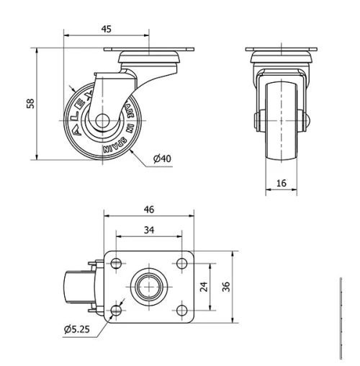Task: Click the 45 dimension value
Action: click(x=106, y=29)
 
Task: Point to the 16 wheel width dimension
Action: click(x=281, y=184)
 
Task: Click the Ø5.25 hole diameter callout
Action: click(x=76, y=330)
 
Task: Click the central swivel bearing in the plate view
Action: click(x=149, y=286)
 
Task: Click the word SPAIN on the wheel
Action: click(x=115, y=146)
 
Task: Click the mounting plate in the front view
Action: click(x=281, y=50)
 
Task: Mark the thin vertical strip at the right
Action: click(x=340, y=317)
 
